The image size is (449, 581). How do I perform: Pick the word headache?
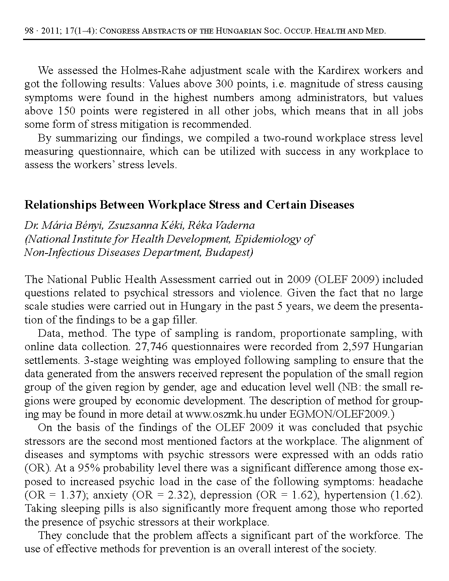coord(401,482)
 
